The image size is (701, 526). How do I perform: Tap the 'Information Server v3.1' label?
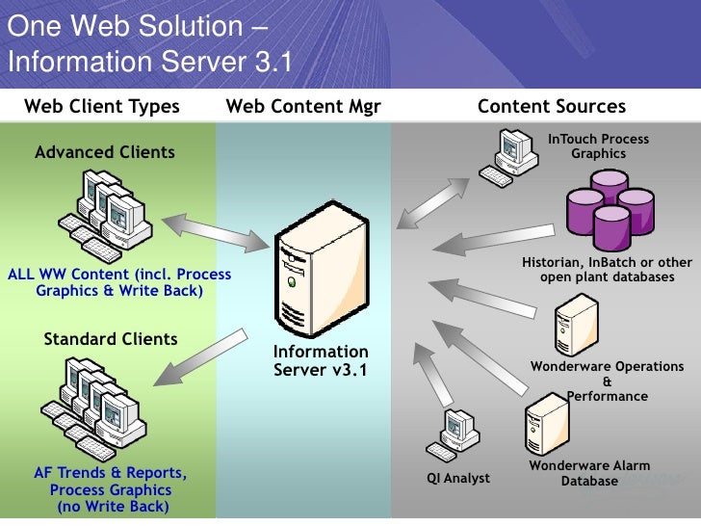(320, 360)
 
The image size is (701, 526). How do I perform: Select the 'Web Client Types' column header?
(102, 107)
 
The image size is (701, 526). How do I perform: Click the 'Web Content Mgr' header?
(303, 107)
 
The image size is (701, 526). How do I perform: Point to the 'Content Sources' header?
(552, 107)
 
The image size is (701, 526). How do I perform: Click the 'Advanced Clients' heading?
(105, 152)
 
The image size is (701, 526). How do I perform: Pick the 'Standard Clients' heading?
(111, 339)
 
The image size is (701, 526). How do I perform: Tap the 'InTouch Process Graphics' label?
(598, 146)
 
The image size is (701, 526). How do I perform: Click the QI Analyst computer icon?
(456, 434)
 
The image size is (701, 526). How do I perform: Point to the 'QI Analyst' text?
(458, 478)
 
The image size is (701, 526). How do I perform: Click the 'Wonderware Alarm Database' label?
(583, 473)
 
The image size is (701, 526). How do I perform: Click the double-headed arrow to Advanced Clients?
(215, 231)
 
